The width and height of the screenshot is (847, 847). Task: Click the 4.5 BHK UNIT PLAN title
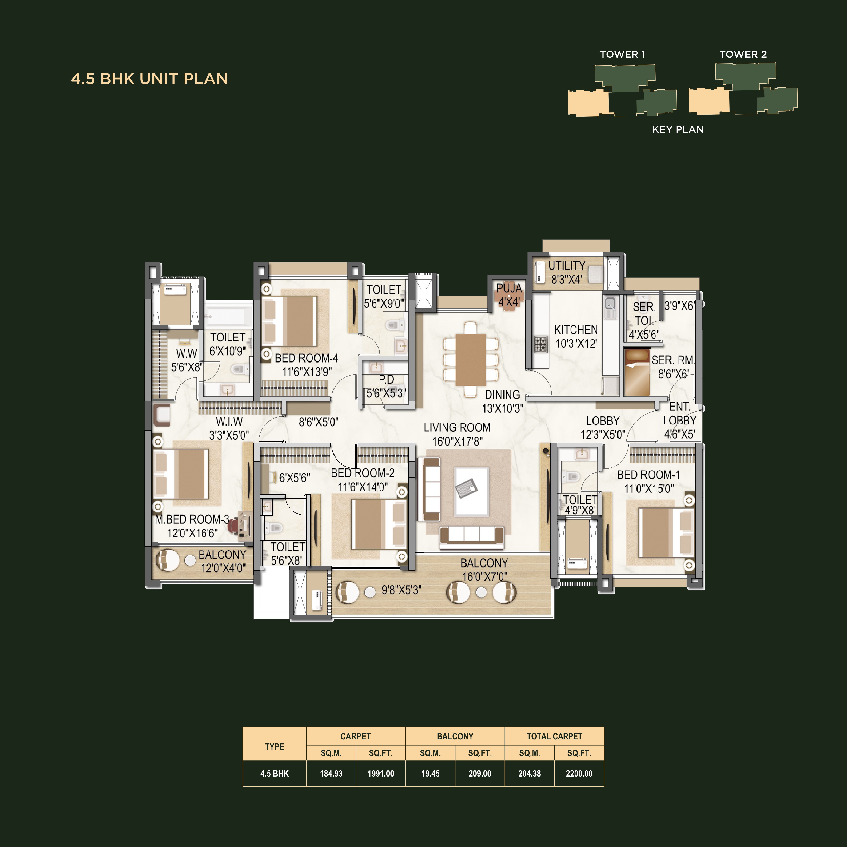coord(149,79)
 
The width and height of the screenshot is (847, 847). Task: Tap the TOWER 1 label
coord(622,54)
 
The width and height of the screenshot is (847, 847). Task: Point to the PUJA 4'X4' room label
coord(509,295)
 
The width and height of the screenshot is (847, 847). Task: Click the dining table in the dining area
coord(470,360)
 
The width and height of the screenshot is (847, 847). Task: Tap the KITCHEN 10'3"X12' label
coord(576,336)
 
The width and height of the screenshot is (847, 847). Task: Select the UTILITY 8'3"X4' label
coord(566,272)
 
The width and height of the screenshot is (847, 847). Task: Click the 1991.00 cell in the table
coord(380,774)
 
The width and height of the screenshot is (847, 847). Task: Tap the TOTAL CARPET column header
coord(554,736)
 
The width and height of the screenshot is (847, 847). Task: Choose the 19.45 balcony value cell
coord(430,774)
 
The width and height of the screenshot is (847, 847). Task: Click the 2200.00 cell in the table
coord(579,774)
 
